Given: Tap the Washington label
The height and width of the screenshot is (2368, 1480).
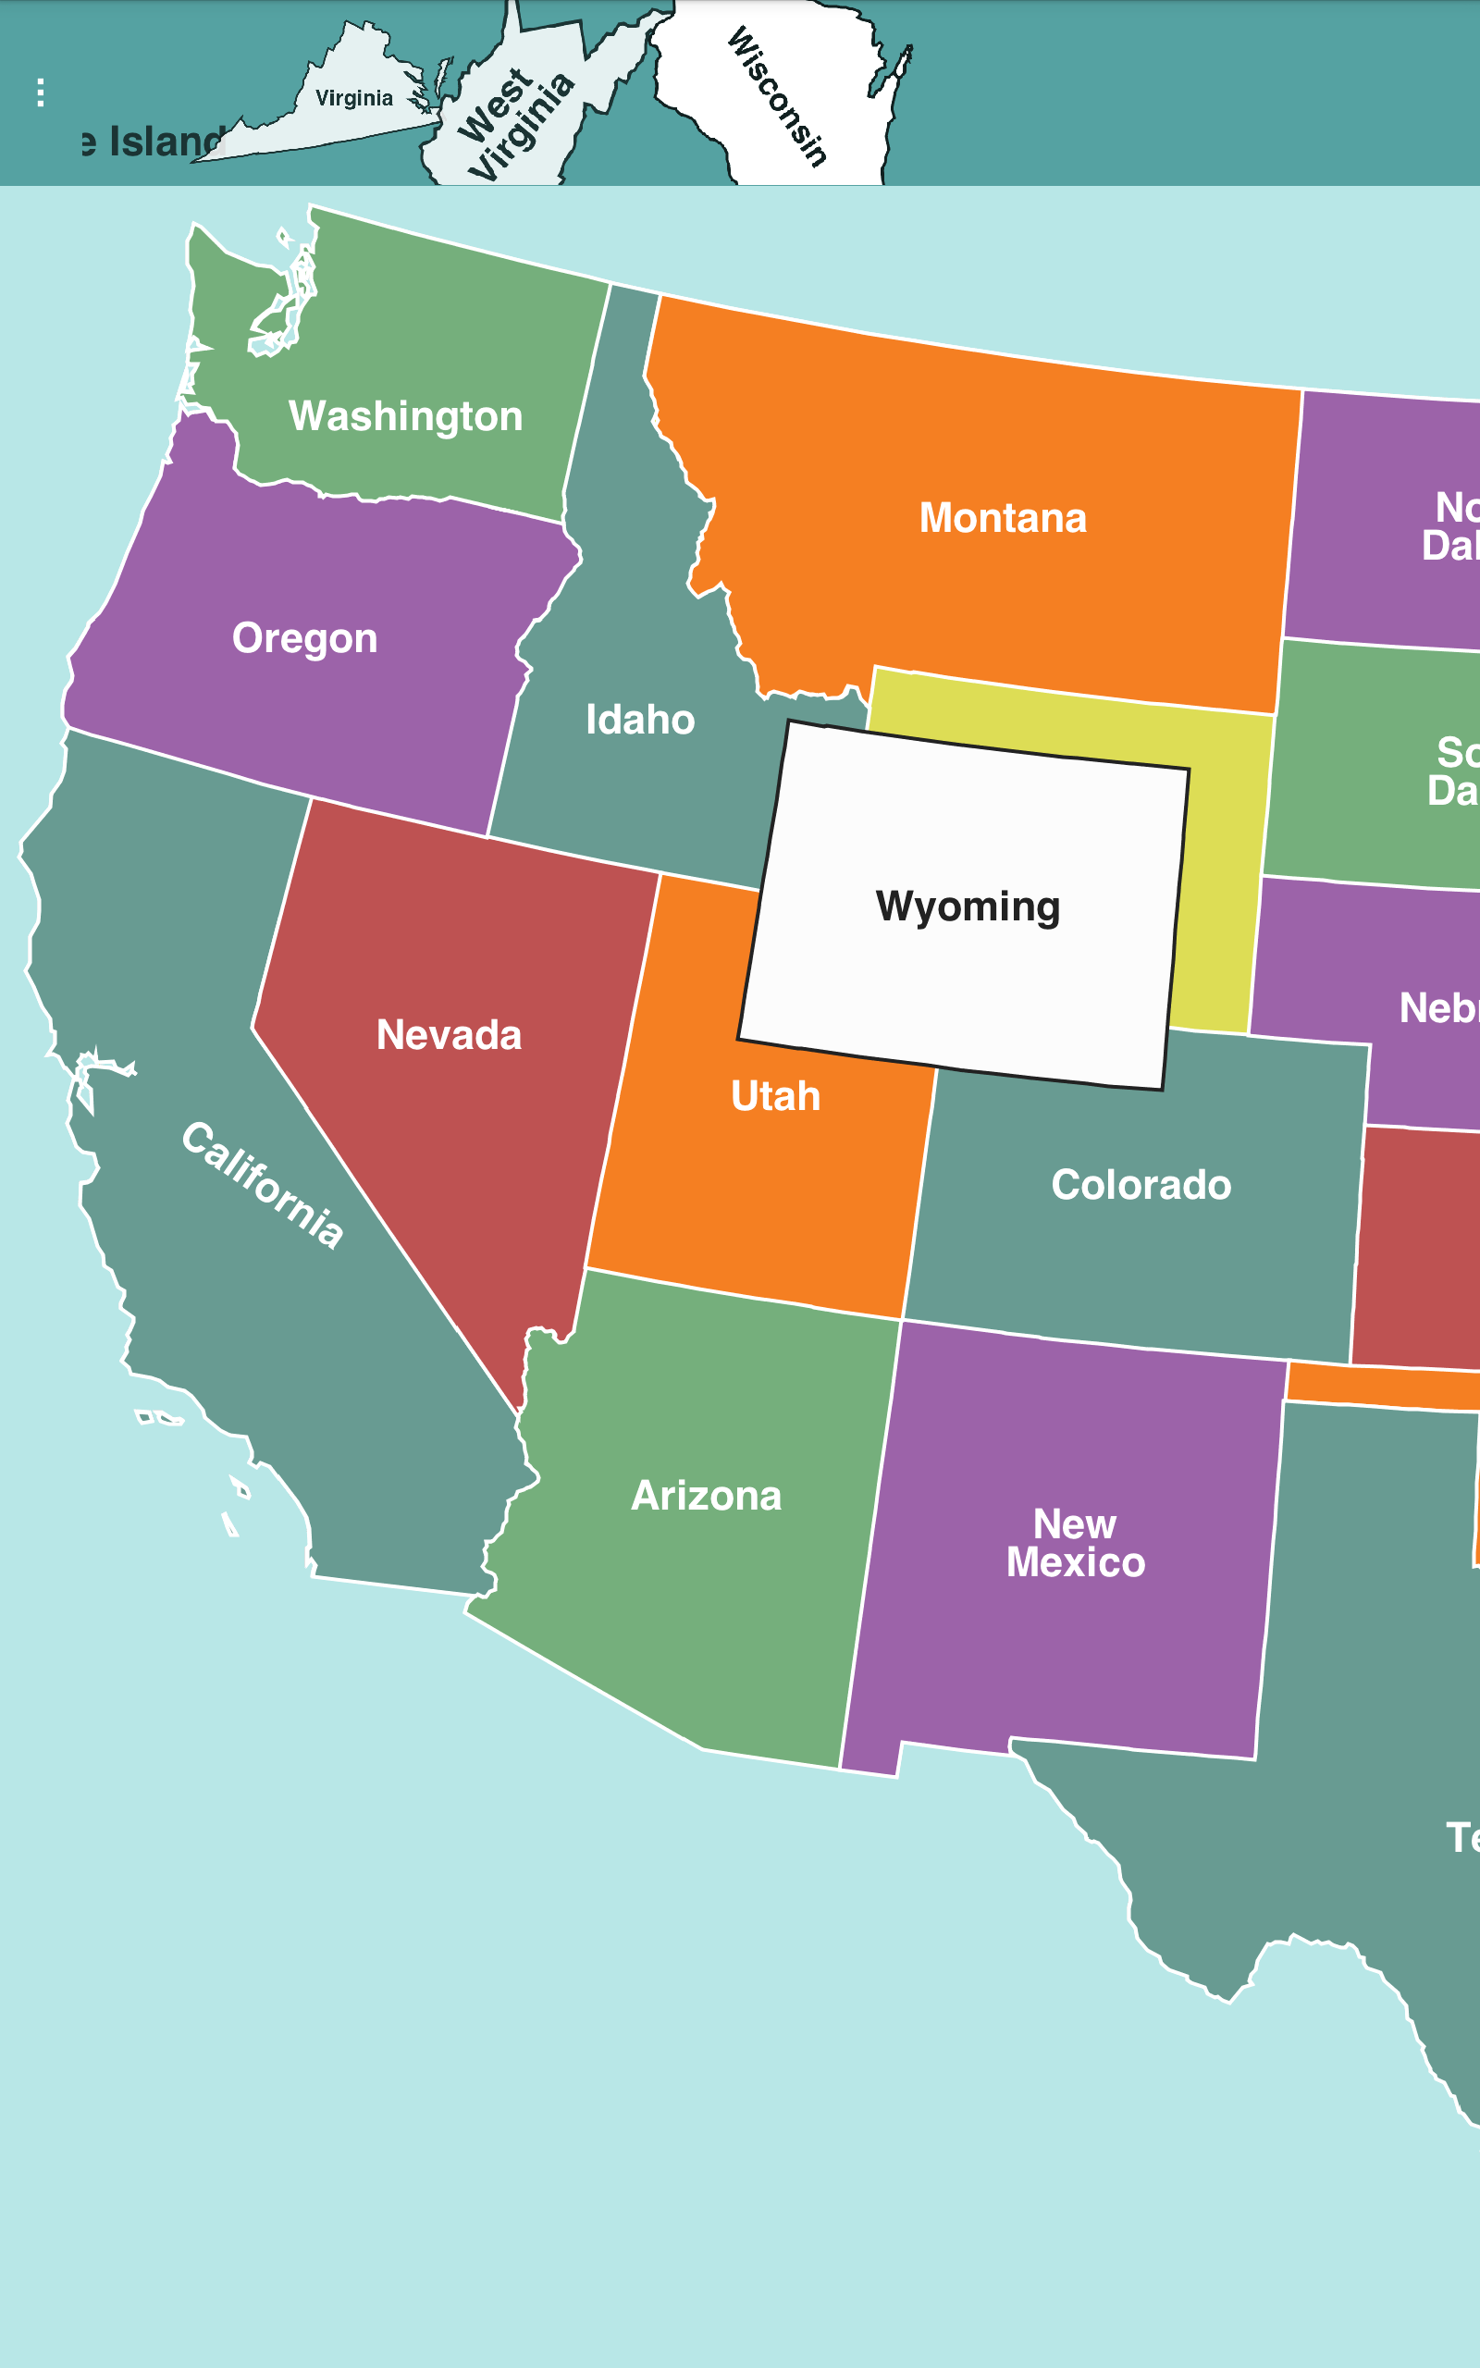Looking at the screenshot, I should [x=405, y=416].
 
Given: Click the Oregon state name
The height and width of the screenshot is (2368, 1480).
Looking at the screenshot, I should [x=304, y=638].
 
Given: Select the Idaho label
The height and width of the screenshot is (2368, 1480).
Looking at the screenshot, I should [x=640, y=720].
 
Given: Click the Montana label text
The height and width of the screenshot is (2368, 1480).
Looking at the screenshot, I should [x=1003, y=518].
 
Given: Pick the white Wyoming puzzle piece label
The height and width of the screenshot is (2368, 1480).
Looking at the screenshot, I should [x=968, y=906].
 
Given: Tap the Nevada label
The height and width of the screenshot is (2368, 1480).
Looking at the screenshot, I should [x=449, y=1034].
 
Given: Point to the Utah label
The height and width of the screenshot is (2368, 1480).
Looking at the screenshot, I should [x=775, y=1096].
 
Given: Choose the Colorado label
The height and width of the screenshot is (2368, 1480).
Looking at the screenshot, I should [x=1141, y=1184].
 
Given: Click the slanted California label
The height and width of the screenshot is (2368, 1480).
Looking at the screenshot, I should [x=263, y=1185].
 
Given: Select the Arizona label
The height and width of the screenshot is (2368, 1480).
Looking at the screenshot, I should [x=706, y=1495].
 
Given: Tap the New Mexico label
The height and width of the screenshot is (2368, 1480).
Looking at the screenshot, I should [x=1075, y=1543].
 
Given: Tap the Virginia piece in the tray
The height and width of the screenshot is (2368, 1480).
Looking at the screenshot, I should [x=353, y=99].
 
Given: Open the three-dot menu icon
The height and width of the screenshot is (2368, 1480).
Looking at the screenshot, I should [x=40, y=92].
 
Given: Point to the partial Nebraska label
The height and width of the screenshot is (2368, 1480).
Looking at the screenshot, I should [x=1437, y=1008].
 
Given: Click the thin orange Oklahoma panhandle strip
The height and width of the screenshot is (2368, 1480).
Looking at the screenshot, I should [x=1380, y=1386].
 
